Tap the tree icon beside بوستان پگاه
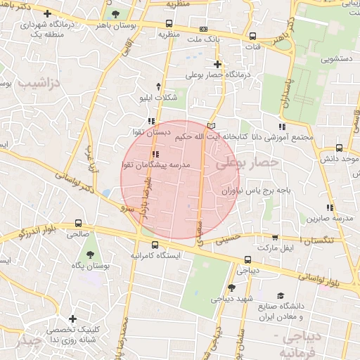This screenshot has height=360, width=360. pos(89,255)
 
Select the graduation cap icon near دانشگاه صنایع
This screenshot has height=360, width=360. pos(281,296)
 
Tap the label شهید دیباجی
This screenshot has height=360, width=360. pos(232,298)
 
